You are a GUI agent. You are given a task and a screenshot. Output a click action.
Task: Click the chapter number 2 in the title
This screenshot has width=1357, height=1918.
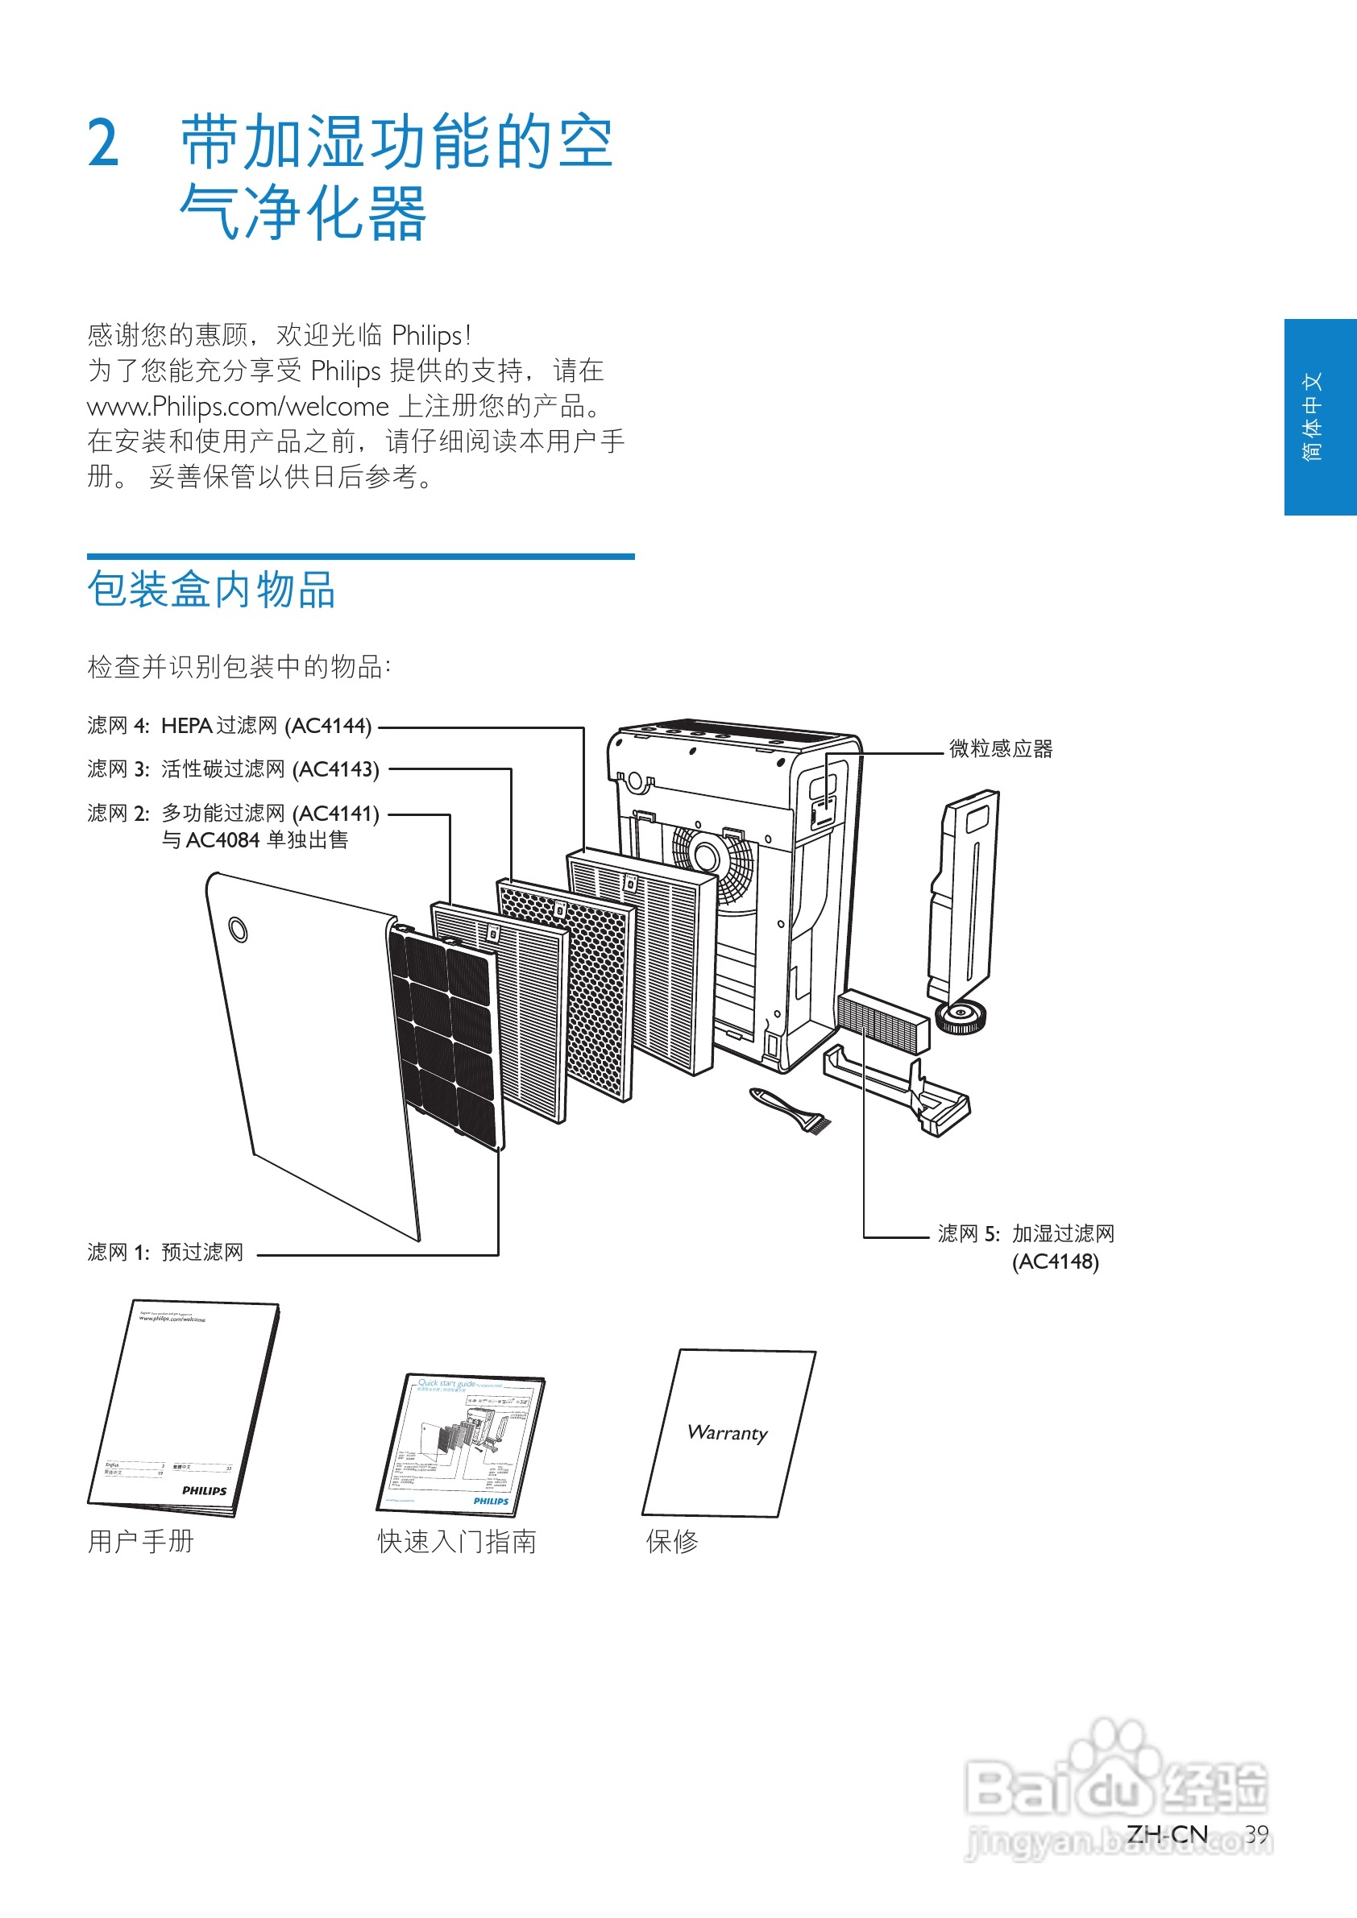[104, 143]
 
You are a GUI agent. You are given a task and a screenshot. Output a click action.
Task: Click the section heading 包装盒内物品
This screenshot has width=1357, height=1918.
[211, 590]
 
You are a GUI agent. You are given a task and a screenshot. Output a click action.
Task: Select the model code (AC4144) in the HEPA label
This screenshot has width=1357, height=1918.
[327, 726]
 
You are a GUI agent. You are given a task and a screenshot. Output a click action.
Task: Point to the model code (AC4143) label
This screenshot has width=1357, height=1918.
[335, 769]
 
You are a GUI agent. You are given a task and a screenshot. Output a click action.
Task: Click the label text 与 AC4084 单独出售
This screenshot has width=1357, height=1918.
[255, 840]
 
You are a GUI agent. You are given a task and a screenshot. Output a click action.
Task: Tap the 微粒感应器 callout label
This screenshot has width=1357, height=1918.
[1000, 749]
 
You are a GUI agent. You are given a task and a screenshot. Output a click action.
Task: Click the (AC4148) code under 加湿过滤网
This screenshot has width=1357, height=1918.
[1055, 1261]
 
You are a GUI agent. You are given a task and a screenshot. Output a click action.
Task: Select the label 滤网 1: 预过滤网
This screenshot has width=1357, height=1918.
[165, 1252]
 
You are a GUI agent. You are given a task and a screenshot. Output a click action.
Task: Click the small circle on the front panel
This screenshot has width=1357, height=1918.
[239, 929]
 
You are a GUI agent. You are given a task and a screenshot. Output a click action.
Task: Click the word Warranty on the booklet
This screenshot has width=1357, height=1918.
[727, 1432]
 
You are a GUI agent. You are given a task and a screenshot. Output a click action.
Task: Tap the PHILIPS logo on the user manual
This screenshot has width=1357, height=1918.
[204, 1491]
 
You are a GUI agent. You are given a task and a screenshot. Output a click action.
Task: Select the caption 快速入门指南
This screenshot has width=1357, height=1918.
[456, 1542]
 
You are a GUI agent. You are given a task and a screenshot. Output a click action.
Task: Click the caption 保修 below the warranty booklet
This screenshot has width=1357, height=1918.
[672, 1542]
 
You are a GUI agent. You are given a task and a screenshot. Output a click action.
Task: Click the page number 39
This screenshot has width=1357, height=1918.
[1256, 1833]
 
